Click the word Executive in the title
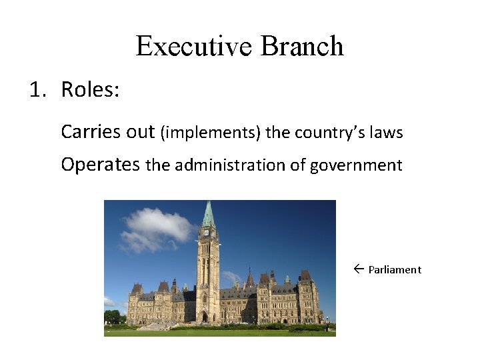tap(194, 47)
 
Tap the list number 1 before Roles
tap(36, 89)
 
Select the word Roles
tap(90, 89)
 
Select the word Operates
tap(100, 165)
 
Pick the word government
tap(356, 165)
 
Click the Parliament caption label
tap(395, 270)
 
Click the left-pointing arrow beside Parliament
tap(358, 269)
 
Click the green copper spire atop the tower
tap(209, 215)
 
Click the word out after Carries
tap(141, 132)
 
